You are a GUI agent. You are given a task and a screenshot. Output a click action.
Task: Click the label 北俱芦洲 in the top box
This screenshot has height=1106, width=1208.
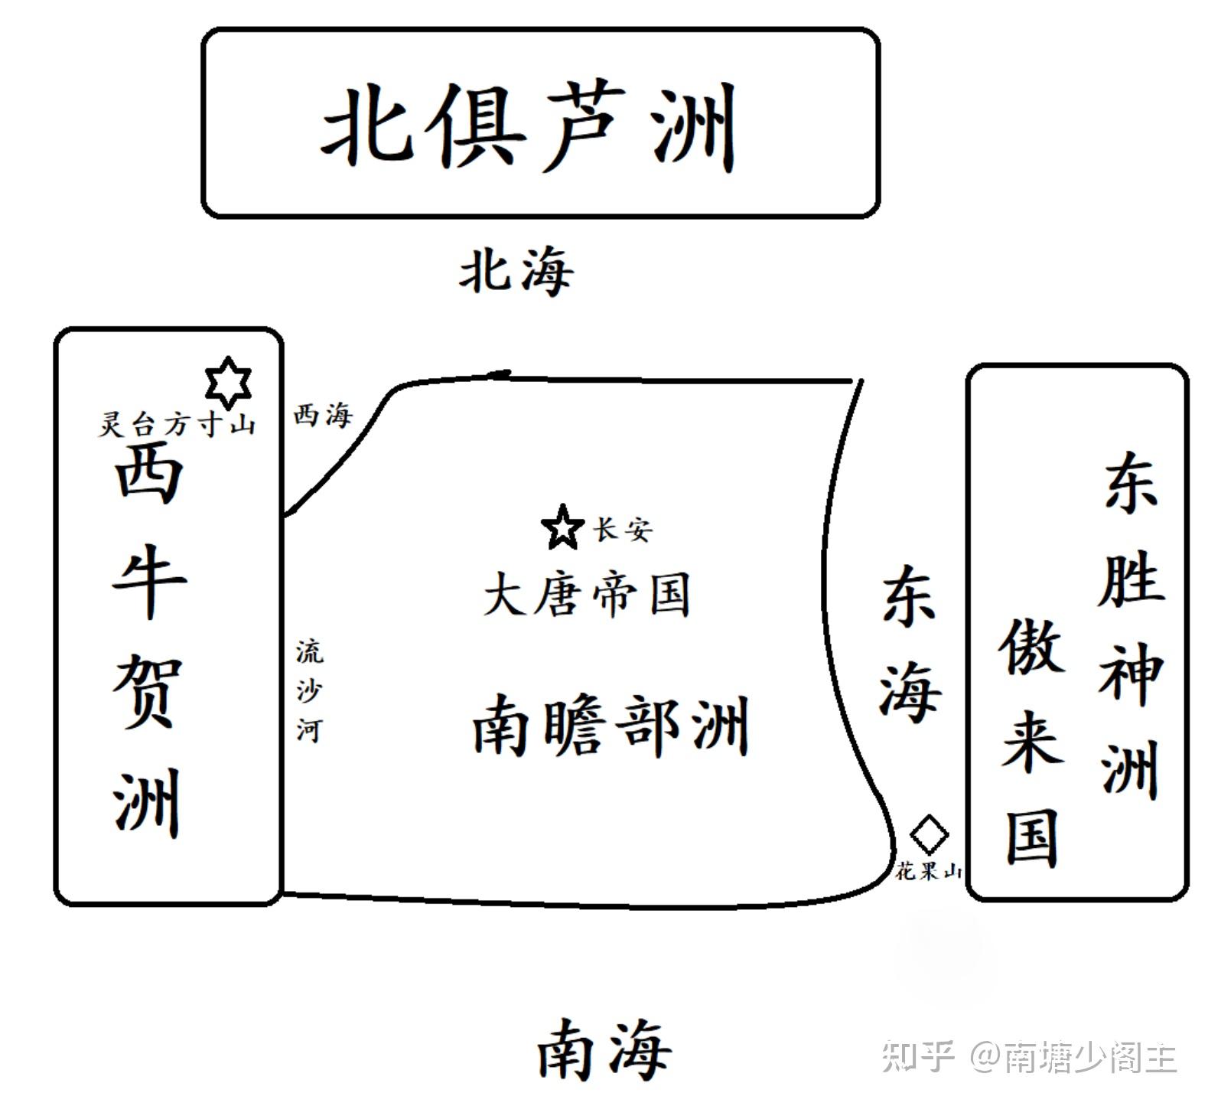[528, 126]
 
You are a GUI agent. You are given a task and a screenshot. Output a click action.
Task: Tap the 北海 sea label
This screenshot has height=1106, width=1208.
[516, 272]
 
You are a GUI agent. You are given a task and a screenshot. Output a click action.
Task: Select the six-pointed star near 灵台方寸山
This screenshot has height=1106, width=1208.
[228, 382]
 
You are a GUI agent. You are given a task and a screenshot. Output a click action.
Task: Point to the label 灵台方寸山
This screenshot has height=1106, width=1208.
[177, 423]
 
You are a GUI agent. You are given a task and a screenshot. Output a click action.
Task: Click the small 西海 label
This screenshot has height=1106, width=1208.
[323, 416]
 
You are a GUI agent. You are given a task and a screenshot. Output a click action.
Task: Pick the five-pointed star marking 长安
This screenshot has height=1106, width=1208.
[562, 527]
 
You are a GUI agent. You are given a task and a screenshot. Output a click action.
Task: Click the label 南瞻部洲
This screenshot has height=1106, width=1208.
[610, 725]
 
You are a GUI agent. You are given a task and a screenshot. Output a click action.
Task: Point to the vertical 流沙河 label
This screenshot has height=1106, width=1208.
[309, 690]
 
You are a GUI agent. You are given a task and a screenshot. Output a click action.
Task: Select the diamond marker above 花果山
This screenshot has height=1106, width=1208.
[930, 834]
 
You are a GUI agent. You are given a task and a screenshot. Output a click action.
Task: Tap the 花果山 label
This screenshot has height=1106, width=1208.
[928, 871]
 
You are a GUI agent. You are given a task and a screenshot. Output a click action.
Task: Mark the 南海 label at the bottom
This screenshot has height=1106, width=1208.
[604, 1049]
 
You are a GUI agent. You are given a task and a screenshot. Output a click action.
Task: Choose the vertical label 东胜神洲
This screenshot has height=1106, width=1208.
[1131, 624]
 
